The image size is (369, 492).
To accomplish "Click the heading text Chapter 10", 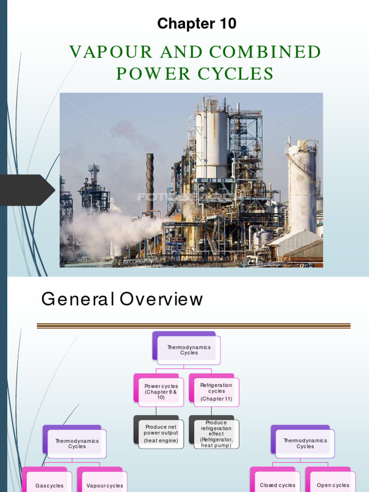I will [x=197, y=24].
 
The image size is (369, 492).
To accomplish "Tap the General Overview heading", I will [x=122, y=299].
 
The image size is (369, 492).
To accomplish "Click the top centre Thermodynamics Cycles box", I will [x=188, y=350].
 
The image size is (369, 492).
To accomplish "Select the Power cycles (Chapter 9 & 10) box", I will [x=161, y=392].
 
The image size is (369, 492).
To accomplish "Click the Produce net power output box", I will [x=160, y=433].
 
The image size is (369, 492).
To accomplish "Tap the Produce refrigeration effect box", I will [x=216, y=434].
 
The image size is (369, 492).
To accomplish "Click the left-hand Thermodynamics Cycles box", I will [x=76, y=443].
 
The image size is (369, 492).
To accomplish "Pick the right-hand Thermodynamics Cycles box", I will [x=305, y=443].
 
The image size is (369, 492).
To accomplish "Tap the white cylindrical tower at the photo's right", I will [x=302, y=187].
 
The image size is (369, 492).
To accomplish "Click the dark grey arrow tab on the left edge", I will [x=26, y=190].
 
